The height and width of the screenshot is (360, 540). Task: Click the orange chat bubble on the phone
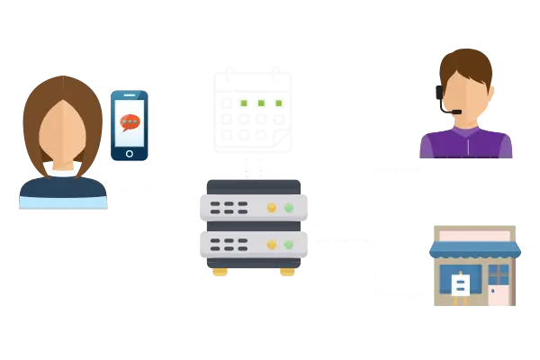[x=130, y=121]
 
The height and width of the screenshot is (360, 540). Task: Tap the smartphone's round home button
[x=130, y=152]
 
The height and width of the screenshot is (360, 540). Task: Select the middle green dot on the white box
[x=260, y=103]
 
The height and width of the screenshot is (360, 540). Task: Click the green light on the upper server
[x=289, y=208]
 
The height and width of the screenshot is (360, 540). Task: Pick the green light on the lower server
[x=289, y=243]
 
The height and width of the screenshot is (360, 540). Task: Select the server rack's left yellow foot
[x=216, y=271]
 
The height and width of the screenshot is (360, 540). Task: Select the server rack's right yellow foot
[x=288, y=271]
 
